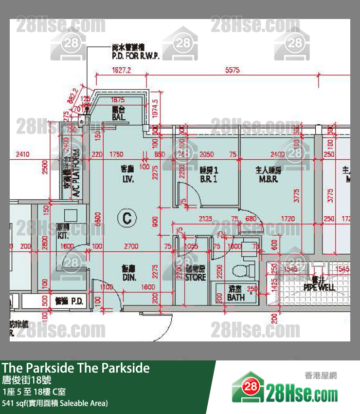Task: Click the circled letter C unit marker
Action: click(x=126, y=217)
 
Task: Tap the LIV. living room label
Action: click(x=128, y=174)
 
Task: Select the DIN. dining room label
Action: click(x=129, y=273)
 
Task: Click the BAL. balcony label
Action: click(x=118, y=113)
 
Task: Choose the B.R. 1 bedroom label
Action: click(x=208, y=174)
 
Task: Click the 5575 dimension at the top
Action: click(x=232, y=70)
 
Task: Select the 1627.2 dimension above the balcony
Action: click(x=121, y=70)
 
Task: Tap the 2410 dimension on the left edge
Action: click(x=22, y=154)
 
